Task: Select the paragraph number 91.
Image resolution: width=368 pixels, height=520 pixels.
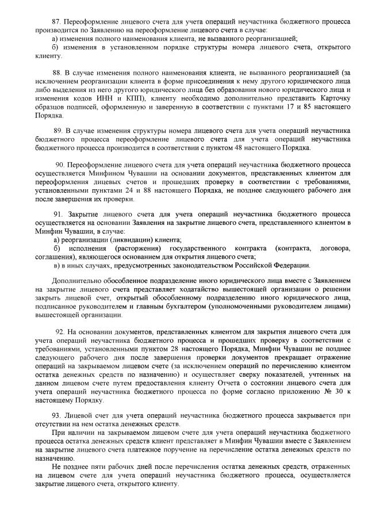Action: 57,213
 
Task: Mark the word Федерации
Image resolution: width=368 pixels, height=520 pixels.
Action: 291,265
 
